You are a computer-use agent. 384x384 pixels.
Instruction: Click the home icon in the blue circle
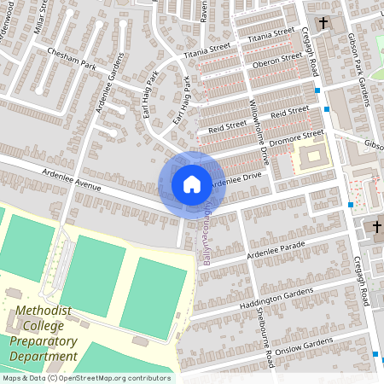pos(192,183)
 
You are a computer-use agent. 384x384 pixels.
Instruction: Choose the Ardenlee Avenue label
pos(70,180)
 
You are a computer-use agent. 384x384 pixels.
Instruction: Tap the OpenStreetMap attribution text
pos(85,378)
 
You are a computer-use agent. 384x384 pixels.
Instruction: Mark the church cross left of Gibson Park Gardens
pos(323,23)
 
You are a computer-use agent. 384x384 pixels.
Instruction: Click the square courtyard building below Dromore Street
pos(311,157)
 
